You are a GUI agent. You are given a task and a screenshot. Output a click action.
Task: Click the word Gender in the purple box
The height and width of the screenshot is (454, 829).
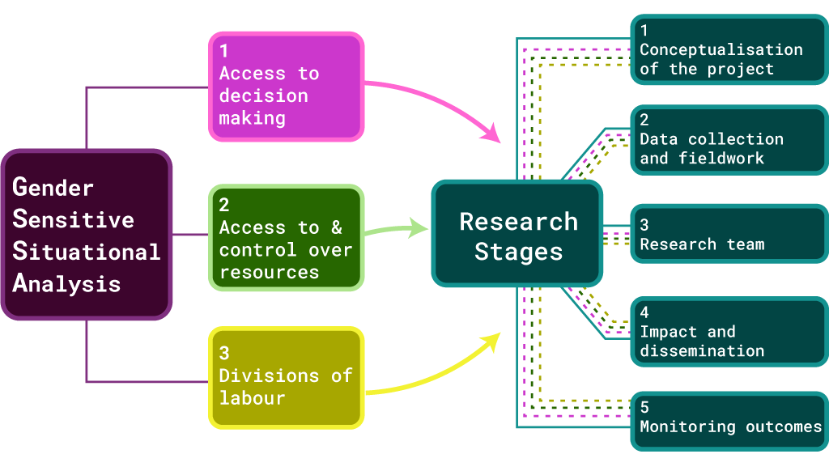coord(53,187)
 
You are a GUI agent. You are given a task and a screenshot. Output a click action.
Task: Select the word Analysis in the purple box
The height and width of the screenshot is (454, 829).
coord(66,283)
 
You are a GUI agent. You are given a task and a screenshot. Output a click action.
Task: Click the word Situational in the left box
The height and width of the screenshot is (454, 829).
coord(86,251)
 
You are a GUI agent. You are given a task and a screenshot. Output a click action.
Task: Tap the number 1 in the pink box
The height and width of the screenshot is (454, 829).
coord(224,50)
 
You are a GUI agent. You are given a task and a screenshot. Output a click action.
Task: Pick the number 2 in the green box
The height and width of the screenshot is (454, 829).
coord(225,206)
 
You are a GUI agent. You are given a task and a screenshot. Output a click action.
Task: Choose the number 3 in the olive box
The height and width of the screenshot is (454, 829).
coord(225,353)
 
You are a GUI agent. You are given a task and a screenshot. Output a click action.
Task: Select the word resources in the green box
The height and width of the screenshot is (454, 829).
coord(269,272)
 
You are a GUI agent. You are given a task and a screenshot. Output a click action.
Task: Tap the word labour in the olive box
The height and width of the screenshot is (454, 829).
coord(252,398)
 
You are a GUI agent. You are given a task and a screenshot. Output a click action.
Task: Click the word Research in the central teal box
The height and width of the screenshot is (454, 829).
coord(518,222)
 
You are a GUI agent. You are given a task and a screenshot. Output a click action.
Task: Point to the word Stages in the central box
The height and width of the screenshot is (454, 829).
coord(518,252)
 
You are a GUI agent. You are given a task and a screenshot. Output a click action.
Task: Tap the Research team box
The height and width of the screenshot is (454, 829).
coord(729,235)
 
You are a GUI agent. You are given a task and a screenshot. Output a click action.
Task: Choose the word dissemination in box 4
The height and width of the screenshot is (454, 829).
coord(701,351)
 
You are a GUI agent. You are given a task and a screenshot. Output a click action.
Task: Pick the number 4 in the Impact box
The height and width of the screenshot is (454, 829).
coord(644,312)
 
